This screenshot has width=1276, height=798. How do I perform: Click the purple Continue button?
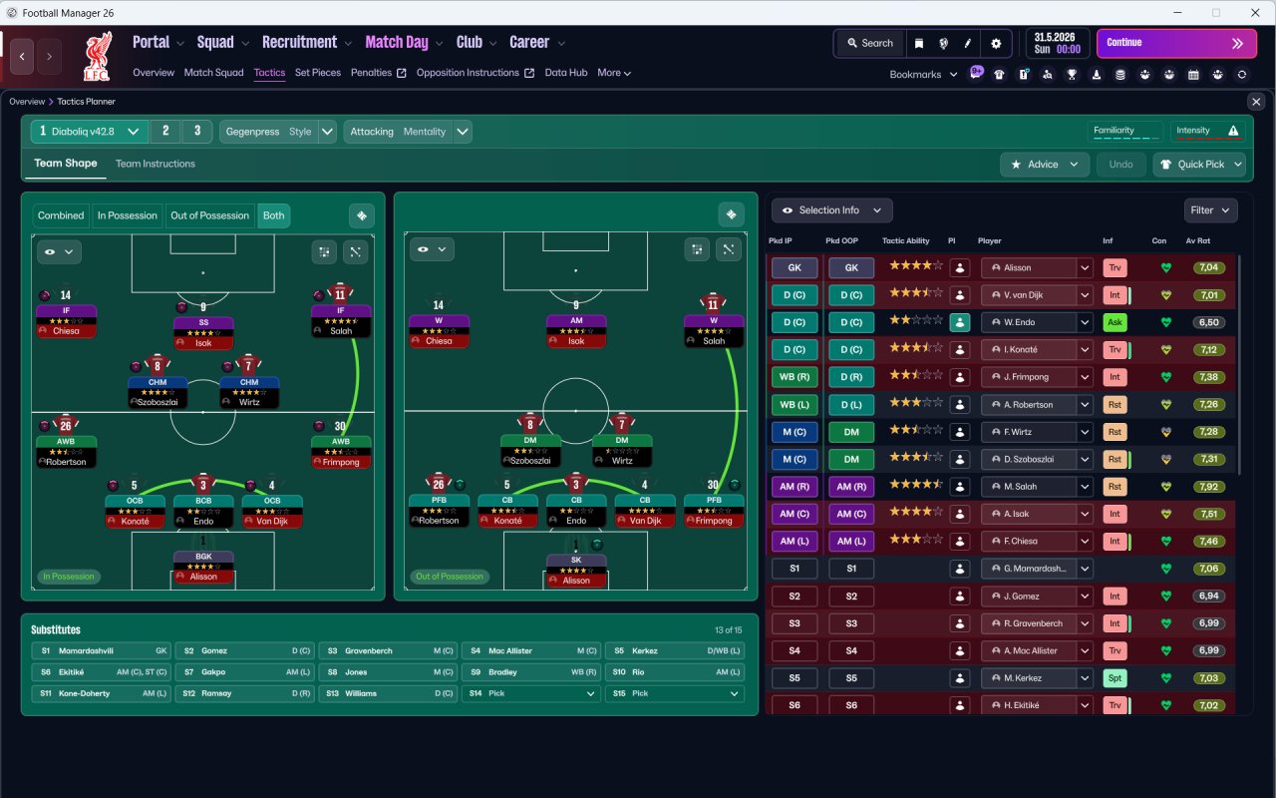pos(1176,43)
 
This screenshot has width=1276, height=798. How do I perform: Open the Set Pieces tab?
pos(317,73)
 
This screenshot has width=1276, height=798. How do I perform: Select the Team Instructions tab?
pos(155,164)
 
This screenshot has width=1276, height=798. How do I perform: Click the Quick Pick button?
pos(1199,165)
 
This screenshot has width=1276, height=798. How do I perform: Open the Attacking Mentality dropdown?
pos(408,132)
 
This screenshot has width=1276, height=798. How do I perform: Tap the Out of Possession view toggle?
pos(209,215)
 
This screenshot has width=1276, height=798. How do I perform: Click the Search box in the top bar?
pos(870,43)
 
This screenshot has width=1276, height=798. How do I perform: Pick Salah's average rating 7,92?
pos(1208,486)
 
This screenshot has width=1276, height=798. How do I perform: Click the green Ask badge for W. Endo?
pos(1115,322)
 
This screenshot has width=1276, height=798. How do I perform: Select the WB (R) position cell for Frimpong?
pos(795,377)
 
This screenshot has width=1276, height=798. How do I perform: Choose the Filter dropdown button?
pos(1210,210)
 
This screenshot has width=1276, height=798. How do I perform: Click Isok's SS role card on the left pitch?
pos(203,332)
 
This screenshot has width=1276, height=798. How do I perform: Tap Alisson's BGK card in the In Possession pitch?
pos(203,567)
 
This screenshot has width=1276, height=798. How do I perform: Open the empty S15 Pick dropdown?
pos(675,693)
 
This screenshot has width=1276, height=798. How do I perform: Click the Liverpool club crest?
pos(98,57)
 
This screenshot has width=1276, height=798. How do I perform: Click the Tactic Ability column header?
pos(906,240)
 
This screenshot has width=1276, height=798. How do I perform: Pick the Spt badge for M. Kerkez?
pos(1115,677)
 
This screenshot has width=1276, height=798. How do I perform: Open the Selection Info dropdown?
pos(831,210)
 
